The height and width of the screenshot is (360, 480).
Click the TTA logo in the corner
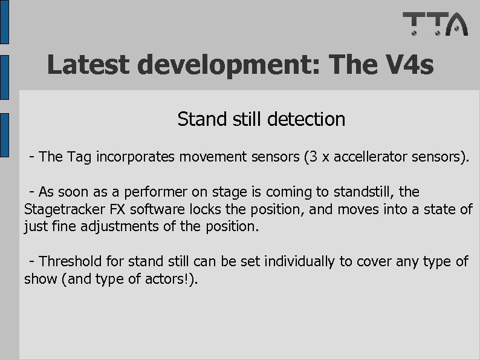[435, 24]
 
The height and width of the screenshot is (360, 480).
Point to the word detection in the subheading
[308, 119]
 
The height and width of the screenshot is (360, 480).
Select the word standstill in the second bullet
[365, 192]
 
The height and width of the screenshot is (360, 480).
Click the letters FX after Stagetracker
[118, 210]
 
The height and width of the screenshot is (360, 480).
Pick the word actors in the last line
[164, 280]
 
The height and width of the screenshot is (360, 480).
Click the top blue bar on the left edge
[4, 21]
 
